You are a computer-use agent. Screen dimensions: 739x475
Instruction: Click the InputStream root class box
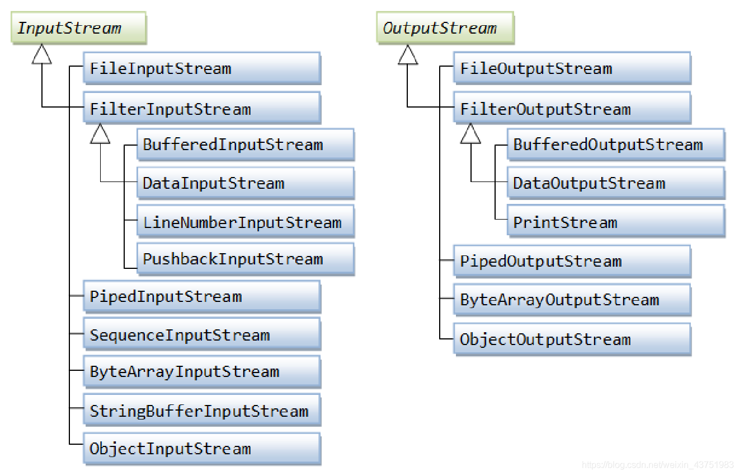[x=78, y=28]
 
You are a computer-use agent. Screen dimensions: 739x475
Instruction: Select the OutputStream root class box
[x=445, y=28]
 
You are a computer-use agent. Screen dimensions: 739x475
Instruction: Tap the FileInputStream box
[x=202, y=68]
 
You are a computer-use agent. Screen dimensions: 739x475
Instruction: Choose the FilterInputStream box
[x=202, y=108]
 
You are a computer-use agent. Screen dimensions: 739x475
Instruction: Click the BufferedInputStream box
[x=246, y=145]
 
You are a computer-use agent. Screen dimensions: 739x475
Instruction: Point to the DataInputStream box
[x=246, y=183]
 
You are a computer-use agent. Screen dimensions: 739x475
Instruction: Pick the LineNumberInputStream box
[x=246, y=221]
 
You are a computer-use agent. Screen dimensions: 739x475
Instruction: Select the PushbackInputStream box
[x=246, y=259]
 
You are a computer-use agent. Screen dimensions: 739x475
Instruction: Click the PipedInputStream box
[x=202, y=297]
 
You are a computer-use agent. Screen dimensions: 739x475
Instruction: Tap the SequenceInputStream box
[x=202, y=334]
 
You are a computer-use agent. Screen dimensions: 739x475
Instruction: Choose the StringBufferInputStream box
[x=202, y=410]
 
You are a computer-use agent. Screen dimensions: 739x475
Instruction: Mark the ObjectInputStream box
[x=202, y=449]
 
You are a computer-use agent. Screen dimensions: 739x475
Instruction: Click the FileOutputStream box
[x=572, y=68]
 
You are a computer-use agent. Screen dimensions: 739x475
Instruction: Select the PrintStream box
[x=616, y=221]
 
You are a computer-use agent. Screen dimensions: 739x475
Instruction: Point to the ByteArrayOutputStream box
[x=572, y=300]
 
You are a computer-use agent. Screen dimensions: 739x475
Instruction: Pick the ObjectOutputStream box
[x=572, y=339]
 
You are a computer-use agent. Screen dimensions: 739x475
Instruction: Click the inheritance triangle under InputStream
[x=41, y=54]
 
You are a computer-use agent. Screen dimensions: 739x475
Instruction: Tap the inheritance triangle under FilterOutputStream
[x=470, y=134]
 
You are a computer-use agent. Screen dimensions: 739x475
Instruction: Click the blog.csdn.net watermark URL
[x=657, y=465]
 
